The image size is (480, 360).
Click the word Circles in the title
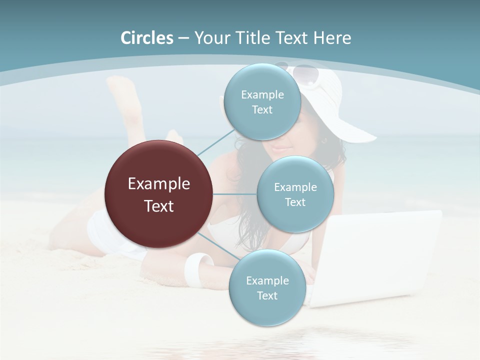pyautogui.click(x=146, y=38)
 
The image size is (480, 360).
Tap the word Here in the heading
pyautogui.click(x=332, y=38)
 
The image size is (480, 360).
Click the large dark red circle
pyautogui.click(x=158, y=194)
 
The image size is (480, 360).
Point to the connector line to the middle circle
pyautogui.click(x=235, y=194)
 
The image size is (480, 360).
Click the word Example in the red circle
pyautogui.click(x=158, y=184)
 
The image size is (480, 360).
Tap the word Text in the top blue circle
pyautogui.click(x=262, y=110)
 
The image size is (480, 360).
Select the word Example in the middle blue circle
pyautogui.click(x=295, y=187)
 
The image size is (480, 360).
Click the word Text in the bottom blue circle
pyautogui.click(x=267, y=295)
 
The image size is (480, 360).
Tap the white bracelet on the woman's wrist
pyautogui.click(x=198, y=268)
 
